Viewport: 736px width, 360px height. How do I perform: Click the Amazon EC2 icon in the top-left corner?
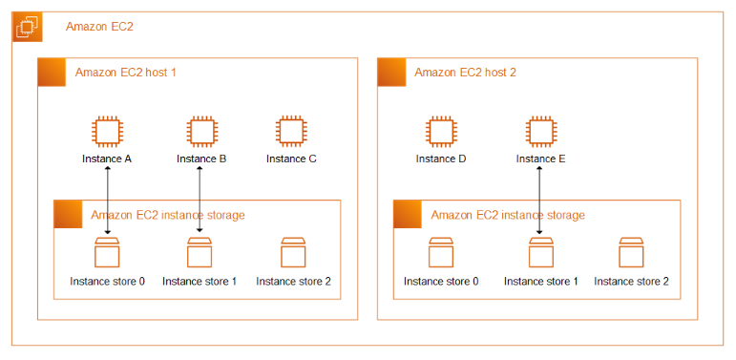(28, 27)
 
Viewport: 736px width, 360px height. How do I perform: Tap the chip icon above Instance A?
(107, 131)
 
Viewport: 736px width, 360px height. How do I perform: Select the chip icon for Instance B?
(201, 131)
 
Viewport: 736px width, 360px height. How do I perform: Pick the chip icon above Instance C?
(291, 131)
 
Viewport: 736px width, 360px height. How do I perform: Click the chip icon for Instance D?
(441, 131)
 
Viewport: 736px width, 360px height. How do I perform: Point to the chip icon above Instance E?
(540, 131)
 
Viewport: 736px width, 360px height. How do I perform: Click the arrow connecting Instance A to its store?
(108, 200)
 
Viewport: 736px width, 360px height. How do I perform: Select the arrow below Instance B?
(200, 199)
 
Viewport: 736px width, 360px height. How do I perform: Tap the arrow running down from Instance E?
(539, 200)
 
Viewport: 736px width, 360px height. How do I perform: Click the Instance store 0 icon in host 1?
(107, 252)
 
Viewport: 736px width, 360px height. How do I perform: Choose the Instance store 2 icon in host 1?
(293, 252)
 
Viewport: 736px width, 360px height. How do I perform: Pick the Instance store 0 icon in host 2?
(441, 252)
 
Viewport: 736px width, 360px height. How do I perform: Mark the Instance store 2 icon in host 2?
(631, 252)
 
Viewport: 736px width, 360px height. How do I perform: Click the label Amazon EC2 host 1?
(125, 73)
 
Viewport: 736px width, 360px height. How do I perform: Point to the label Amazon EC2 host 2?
(465, 73)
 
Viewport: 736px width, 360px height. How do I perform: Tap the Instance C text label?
(291, 159)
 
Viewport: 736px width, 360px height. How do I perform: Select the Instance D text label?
(441, 159)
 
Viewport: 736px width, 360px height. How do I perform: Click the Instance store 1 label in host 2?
(540, 282)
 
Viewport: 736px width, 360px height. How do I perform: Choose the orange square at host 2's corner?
(391, 73)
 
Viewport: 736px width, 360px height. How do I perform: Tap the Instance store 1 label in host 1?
(200, 282)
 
